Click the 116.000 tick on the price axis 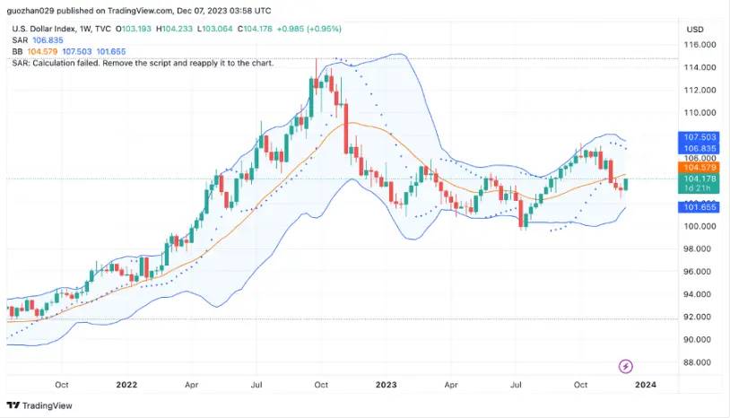pyautogui.click(x=700, y=44)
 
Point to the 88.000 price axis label pyautogui.click(x=700, y=362)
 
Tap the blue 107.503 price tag pyautogui.click(x=700, y=136)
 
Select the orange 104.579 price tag pyautogui.click(x=700, y=168)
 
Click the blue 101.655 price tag pyautogui.click(x=700, y=207)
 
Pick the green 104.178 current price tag pyautogui.click(x=700, y=179)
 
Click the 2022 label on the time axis pyautogui.click(x=126, y=385)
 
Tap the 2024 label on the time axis pyautogui.click(x=646, y=385)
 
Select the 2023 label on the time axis pyautogui.click(x=386, y=385)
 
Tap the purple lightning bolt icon pyautogui.click(x=626, y=366)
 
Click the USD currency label pyautogui.click(x=696, y=29)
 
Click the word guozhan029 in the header pyautogui.click(x=30, y=11)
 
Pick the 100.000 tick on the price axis pyautogui.click(x=700, y=226)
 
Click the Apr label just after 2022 pyautogui.click(x=191, y=385)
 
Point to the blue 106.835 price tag pyautogui.click(x=700, y=148)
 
